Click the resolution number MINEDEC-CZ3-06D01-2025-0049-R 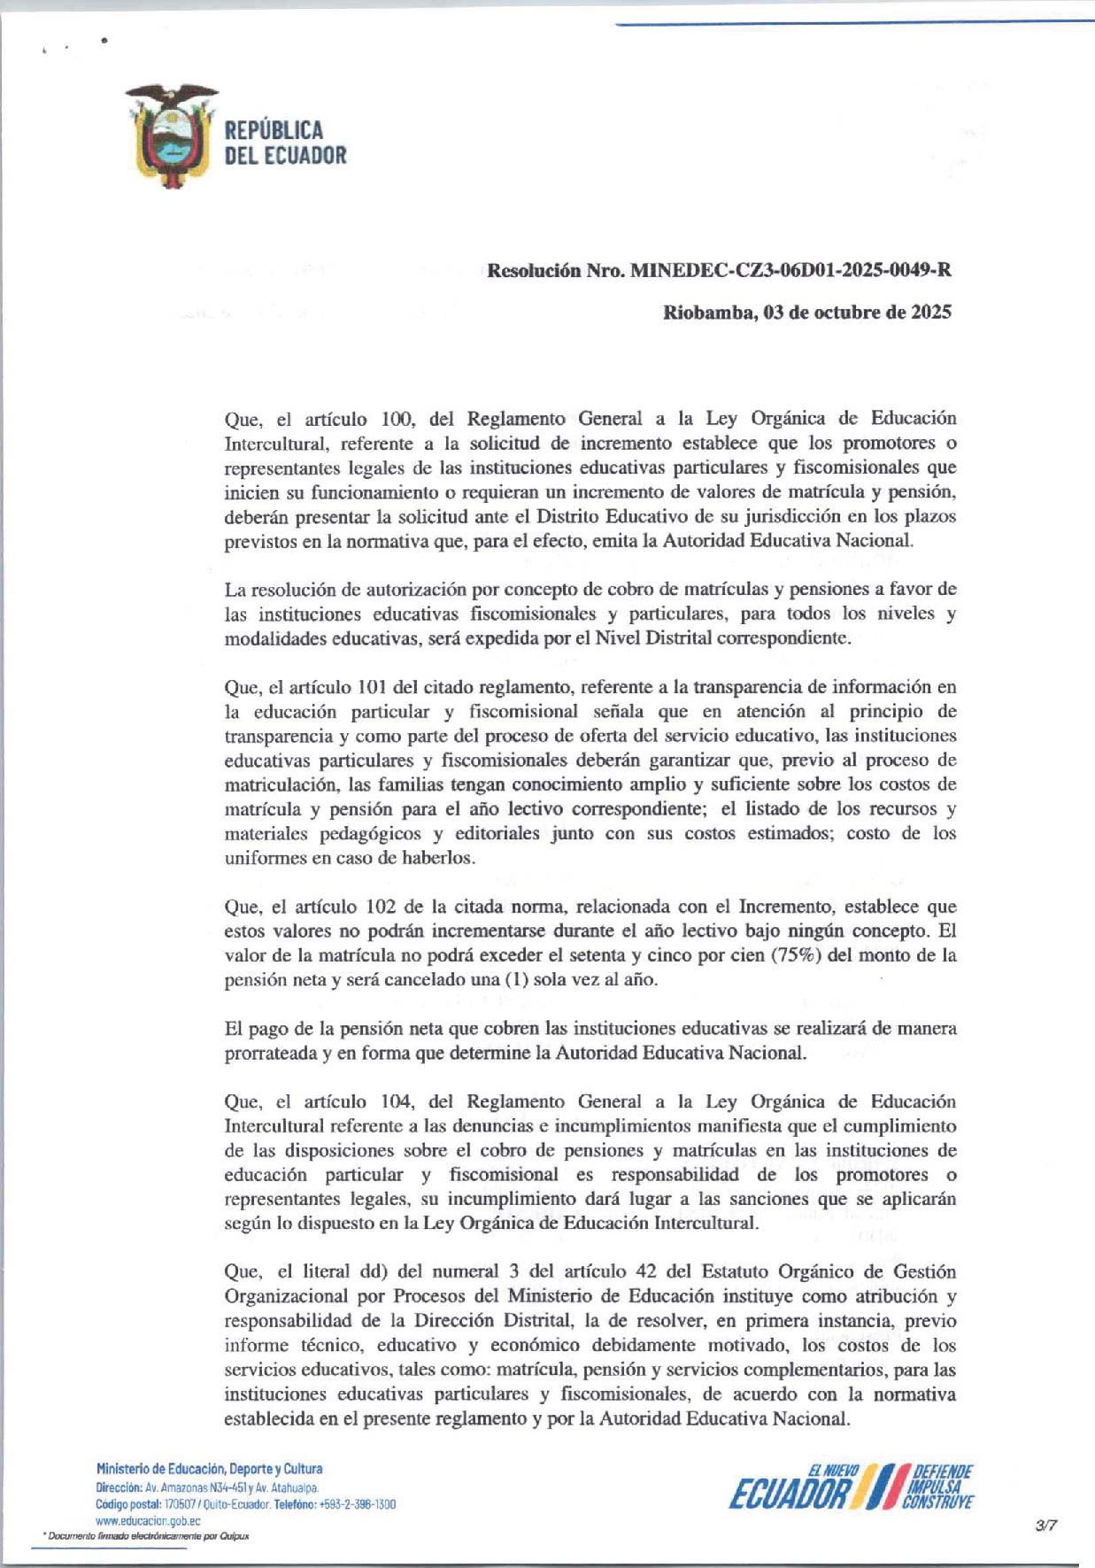point(790,270)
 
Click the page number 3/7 point(1046,1525)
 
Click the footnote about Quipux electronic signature point(147,1536)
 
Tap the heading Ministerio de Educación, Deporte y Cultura point(209,1469)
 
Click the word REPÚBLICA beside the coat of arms point(274,130)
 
